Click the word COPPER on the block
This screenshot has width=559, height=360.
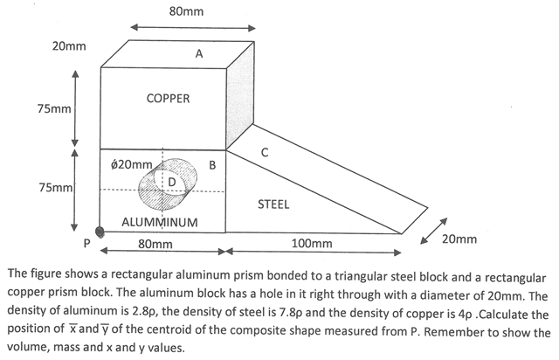click(168, 99)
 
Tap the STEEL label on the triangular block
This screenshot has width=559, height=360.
click(273, 204)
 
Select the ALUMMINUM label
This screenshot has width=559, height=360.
click(159, 222)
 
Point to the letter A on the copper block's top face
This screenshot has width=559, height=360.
click(199, 54)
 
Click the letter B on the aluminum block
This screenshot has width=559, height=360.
click(212, 165)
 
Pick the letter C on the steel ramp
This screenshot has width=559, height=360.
click(264, 152)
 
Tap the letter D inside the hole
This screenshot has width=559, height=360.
click(171, 183)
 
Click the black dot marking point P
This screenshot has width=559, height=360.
click(100, 232)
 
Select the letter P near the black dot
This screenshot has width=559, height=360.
click(86, 243)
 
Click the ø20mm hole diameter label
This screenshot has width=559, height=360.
click(132, 164)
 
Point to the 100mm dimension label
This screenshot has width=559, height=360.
click(312, 244)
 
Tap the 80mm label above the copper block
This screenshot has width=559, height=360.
click(186, 11)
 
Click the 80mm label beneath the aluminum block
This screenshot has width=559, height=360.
click(155, 245)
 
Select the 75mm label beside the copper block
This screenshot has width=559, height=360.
click(54, 109)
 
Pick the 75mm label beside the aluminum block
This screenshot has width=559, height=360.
click(56, 187)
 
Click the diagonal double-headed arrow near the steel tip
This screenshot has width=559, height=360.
click(433, 231)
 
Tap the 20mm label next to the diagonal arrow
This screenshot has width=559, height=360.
click(459, 239)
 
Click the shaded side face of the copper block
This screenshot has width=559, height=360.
click(240, 95)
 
